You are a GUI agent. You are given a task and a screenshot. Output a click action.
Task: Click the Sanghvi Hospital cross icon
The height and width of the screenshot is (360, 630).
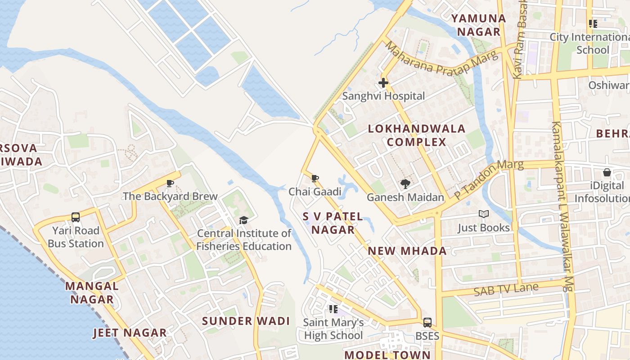[x=383, y=83]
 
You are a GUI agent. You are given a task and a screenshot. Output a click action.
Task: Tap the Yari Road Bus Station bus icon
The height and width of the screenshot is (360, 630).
[x=76, y=217]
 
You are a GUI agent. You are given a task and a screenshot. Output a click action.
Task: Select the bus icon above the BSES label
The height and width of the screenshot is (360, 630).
[x=427, y=323]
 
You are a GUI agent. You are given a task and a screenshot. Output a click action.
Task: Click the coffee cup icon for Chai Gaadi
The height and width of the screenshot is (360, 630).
[x=315, y=179]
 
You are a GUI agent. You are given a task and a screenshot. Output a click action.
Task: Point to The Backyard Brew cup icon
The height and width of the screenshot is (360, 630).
[x=170, y=183]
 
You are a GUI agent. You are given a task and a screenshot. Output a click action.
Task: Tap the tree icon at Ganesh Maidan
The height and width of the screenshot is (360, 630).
[x=405, y=184]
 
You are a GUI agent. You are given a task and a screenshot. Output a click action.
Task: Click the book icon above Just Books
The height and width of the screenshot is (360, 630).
[x=484, y=214]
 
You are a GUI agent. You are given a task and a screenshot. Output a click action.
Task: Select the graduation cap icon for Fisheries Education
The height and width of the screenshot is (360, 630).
[x=243, y=220]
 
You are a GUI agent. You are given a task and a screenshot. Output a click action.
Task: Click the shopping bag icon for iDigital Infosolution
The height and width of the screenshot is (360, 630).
[x=607, y=172]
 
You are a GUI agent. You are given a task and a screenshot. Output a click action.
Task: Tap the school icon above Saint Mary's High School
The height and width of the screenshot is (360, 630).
[x=333, y=309]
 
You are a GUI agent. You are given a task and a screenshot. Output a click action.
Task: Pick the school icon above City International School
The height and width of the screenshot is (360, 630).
[x=593, y=24]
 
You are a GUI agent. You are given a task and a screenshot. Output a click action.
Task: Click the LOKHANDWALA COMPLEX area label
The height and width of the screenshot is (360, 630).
[x=417, y=135]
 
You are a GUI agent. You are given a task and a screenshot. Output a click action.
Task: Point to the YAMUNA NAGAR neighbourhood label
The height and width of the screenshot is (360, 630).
[x=479, y=25]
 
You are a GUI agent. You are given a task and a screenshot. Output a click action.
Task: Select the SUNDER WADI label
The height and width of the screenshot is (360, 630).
[x=246, y=321]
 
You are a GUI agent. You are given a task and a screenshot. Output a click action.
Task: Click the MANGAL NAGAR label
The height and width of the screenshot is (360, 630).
[x=92, y=292]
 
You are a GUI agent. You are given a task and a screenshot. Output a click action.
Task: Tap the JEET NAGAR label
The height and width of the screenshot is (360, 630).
[x=130, y=333]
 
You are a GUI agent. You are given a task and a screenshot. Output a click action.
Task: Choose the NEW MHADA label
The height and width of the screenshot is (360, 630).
[x=407, y=251]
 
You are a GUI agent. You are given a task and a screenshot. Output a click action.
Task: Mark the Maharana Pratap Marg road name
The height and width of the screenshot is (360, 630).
[x=441, y=59]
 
